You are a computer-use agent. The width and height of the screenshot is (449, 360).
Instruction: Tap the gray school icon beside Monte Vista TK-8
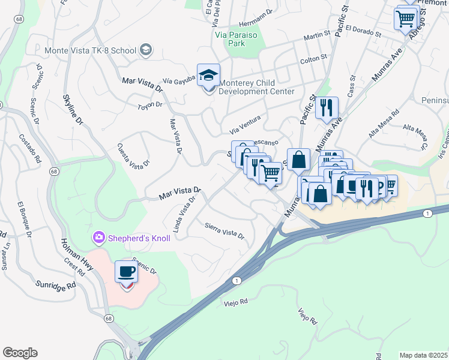tap(145, 50)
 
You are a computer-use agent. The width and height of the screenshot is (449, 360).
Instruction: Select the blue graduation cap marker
tap(208, 76)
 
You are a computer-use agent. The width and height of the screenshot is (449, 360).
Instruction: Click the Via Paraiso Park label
tap(239, 39)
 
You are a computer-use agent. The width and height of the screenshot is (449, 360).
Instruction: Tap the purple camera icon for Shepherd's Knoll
tap(98, 238)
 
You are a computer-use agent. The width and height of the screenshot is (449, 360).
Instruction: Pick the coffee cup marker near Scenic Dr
tap(126, 273)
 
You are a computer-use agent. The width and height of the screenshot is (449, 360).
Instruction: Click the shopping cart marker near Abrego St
tap(406, 19)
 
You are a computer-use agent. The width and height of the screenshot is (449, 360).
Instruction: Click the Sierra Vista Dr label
tap(224, 231)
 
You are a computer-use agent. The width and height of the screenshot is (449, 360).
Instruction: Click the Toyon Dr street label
tap(150, 104)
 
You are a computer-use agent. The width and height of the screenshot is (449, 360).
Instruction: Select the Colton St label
tap(313, 59)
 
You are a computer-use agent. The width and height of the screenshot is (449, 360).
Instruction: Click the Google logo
tap(20, 352)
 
